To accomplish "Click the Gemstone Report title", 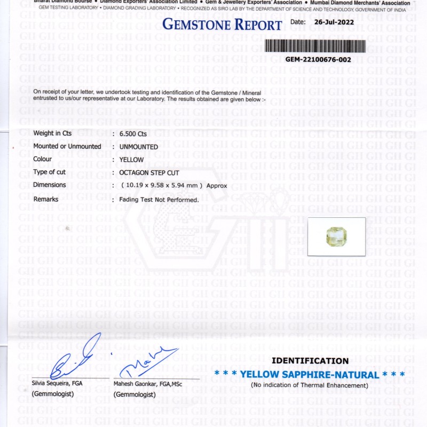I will pyautogui.click(x=222, y=25).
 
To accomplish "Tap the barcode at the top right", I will pyautogui.click(x=315, y=46).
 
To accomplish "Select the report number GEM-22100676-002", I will pyautogui.click(x=318, y=60).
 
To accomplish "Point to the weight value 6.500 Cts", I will pyautogui.click(x=133, y=134).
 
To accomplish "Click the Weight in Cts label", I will pyautogui.click(x=52, y=133).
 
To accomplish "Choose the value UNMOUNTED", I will pyautogui.click(x=139, y=147).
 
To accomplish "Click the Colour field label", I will pyautogui.click(x=43, y=159).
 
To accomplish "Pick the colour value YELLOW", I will pyautogui.click(x=131, y=160).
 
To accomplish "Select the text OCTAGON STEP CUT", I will pyautogui.click(x=149, y=172).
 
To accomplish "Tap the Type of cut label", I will pyautogui.click(x=50, y=172).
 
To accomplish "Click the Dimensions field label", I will pyautogui.click(x=50, y=185).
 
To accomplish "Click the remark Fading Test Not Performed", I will pyautogui.click(x=159, y=200).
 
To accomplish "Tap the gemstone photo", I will pyautogui.click(x=337, y=236).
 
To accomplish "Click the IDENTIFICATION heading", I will pyautogui.click(x=310, y=361).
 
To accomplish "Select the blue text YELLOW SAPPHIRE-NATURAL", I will pyautogui.click(x=310, y=375).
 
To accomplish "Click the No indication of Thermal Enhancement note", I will pyautogui.click(x=310, y=385).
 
